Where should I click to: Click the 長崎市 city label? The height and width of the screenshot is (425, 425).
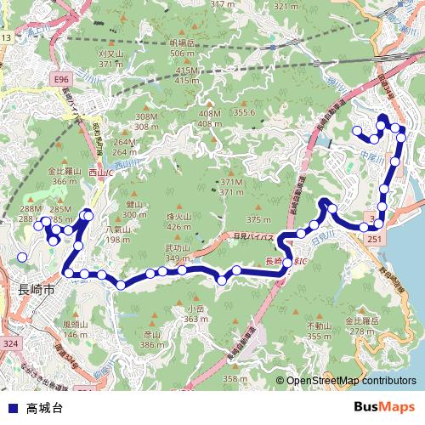coord(37,289)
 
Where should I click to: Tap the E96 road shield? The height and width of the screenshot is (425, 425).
coord(60,79)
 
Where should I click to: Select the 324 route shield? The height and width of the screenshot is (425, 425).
coord(10,343)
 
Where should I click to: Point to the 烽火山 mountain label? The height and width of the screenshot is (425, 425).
coord(178,218)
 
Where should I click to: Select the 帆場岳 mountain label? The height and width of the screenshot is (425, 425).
coord(182,42)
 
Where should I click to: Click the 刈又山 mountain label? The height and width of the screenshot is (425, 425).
coord(111,53)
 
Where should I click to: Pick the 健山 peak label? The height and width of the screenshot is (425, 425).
coord(134,205)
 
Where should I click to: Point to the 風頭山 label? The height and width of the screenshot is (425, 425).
coord(76,324)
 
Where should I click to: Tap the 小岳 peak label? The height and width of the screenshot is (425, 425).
coord(196,309)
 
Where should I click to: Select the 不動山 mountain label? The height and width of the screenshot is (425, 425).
coord(319,326)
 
